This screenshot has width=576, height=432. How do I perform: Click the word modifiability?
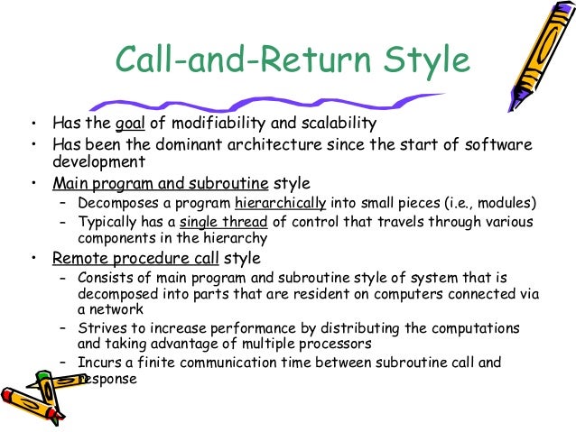212,124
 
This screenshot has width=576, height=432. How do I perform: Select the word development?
99,163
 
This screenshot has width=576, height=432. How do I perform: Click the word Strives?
102,327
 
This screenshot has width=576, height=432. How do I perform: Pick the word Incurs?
100,363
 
